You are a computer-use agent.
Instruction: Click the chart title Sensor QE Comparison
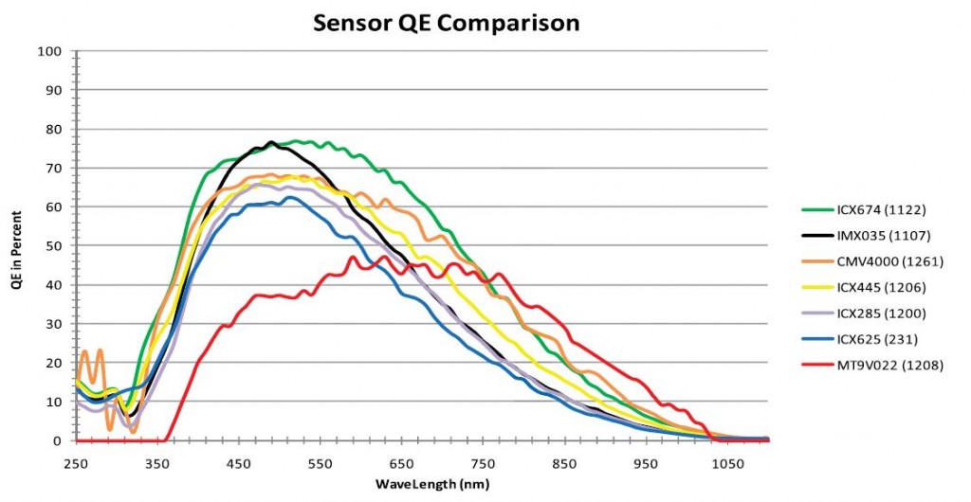click(446, 22)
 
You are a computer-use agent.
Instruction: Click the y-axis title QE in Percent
click(18, 246)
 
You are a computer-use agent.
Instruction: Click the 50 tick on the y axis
click(53, 246)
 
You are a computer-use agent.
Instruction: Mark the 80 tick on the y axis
click(53, 129)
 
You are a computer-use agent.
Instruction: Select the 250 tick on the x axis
click(76, 463)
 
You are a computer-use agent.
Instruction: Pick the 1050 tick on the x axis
click(727, 463)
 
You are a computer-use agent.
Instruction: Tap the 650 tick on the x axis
click(402, 463)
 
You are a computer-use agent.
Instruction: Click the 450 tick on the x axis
click(239, 463)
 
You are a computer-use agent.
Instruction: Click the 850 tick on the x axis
click(565, 463)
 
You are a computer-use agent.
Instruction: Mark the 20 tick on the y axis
click(53, 363)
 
